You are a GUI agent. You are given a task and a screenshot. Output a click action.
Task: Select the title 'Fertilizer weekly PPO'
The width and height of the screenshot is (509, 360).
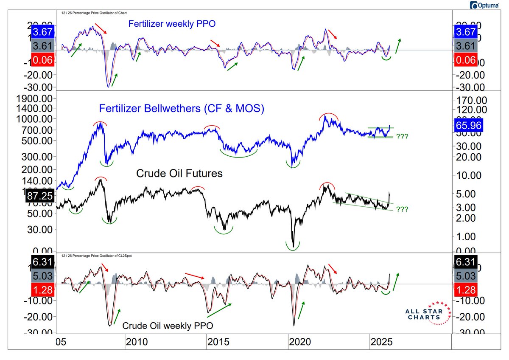click(x=172, y=24)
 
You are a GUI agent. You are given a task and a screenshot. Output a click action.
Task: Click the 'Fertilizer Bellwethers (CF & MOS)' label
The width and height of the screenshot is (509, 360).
click(x=182, y=109)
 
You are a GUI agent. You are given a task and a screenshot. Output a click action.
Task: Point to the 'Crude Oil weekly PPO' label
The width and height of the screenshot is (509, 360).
click(x=168, y=326)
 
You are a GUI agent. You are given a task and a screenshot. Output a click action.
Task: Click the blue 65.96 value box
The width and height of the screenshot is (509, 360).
click(x=464, y=126)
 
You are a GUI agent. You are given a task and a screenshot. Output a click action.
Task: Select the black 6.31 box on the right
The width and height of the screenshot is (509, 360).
click(x=464, y=262)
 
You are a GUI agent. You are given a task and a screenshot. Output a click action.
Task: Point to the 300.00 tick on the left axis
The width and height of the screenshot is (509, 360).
click(x=40, y=157)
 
